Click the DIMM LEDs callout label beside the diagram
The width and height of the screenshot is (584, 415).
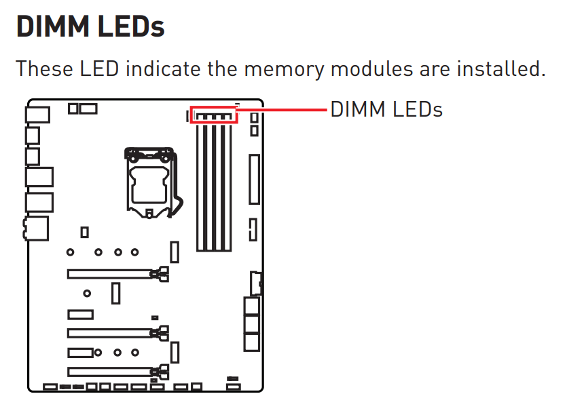point(386,109)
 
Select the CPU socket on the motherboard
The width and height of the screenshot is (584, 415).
point(150,180)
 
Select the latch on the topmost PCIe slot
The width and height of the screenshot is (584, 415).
point(162,274)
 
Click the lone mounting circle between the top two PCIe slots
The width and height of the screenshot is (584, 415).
point(87,294)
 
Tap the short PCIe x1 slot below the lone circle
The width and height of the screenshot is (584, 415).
point(80,315)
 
